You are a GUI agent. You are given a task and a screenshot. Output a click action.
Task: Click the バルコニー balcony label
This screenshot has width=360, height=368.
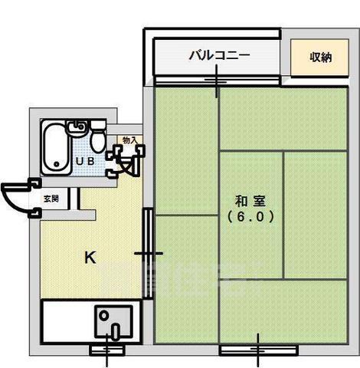(219, 55)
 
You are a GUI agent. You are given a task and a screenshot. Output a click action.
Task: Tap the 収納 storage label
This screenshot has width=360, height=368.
(320, 58)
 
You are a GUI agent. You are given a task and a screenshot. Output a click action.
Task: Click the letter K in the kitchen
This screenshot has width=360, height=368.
(90, 258)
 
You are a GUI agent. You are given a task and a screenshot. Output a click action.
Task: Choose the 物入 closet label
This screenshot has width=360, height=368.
(130, 140)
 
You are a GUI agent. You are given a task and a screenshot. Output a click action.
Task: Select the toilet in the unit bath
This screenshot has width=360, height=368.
(98, 140)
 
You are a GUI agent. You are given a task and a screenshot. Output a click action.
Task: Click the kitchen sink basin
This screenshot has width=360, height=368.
(113, 322)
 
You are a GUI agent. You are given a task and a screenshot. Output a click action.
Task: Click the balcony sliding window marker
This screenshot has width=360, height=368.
(217, 80)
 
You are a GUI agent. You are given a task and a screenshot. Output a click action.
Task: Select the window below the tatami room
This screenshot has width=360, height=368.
(258, 350)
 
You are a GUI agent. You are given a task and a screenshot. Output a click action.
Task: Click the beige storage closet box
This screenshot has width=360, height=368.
(320, 58)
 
